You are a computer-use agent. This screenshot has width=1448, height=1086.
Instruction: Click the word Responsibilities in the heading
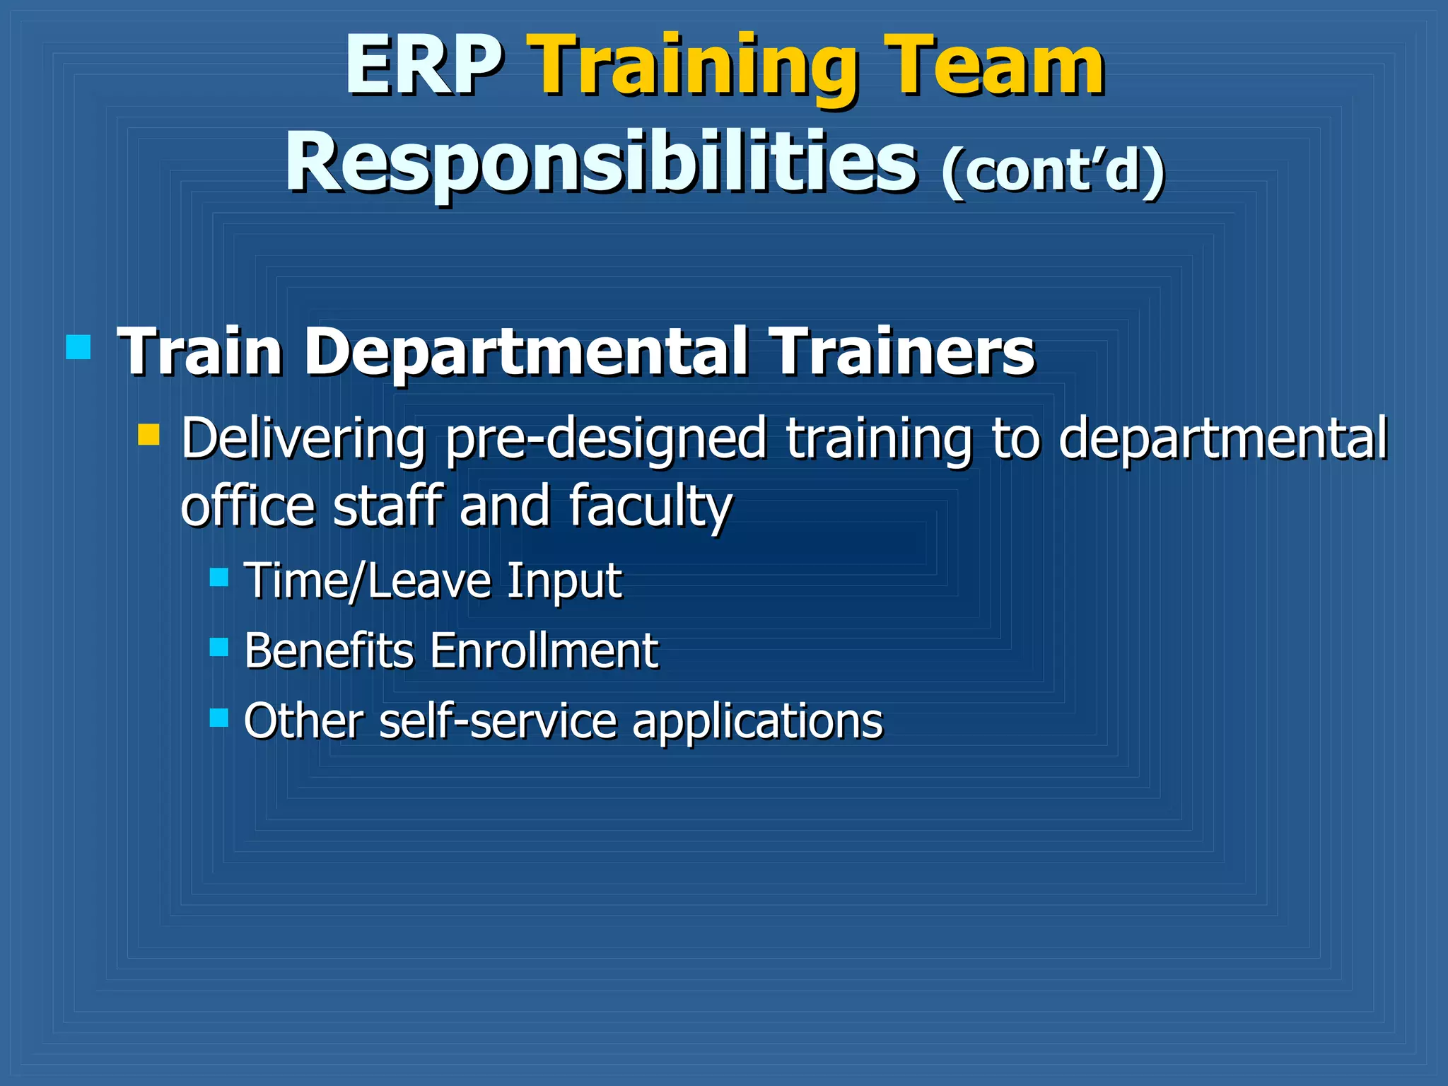(x=601, y=164)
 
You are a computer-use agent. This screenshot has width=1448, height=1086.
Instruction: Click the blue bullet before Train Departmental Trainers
(x=78, y=347)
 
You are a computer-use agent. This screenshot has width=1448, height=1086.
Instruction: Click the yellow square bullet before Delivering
(x=148, y=434)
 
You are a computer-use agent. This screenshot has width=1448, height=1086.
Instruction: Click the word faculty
(x=650, y=507)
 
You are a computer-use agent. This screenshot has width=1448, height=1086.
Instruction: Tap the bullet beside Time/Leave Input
(x=219, y=577)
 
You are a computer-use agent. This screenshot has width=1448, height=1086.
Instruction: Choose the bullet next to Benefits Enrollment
(x=219, y=647)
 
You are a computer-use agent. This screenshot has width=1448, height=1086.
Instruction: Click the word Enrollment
(x=544, y=650)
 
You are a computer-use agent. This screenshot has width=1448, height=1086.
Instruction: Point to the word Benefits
(x=329, y=650)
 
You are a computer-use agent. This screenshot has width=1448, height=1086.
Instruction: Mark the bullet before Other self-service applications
(x=219, y=718)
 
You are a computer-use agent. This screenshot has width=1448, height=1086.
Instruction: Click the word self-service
(x=498, y=721)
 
